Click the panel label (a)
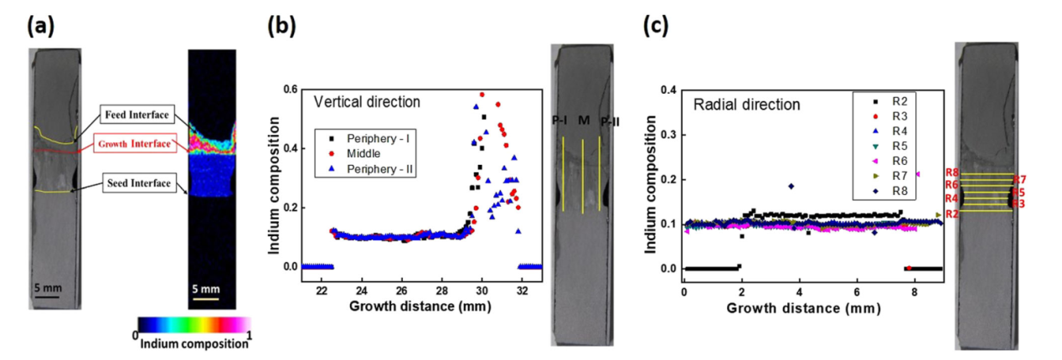tap(41, 28)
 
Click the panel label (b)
tap(281, 28)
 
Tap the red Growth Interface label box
tap(135, 144)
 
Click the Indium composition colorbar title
tap(192, 342)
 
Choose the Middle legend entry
tap(358, 153)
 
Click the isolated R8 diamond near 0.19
tap(791, 186)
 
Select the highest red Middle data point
tap(482, 95)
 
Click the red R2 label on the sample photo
tap(952, 214)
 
